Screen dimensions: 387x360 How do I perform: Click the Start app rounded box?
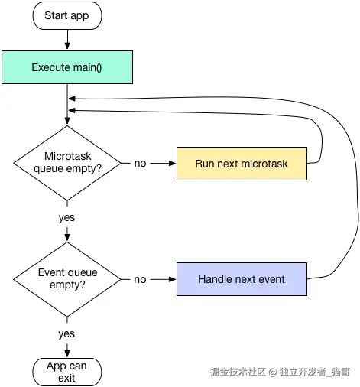coord(67,15)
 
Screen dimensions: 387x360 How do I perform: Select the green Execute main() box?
coord(67,67)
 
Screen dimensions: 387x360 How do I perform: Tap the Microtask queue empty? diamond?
coord(67,163)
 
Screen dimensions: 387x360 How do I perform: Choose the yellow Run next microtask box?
coord(242,164)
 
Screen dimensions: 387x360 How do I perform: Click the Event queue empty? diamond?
coord(67,279)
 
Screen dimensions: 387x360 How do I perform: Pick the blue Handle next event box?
coord(242,279)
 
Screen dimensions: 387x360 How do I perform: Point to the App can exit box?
coord(67,372)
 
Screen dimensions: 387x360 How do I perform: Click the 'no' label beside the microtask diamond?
coord(140,164)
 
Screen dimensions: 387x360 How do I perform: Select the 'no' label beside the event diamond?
coord(140,279)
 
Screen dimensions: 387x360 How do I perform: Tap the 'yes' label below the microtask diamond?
coord(67,217)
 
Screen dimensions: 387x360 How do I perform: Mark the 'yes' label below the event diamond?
coord(67,333)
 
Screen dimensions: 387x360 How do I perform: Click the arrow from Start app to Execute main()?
coord(67,39)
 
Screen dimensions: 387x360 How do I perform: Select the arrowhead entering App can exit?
coord(67,353)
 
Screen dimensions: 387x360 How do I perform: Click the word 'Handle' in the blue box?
coord(216,279)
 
